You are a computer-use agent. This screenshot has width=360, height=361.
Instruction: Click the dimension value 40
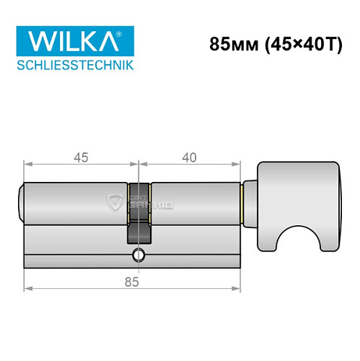pos(189,157)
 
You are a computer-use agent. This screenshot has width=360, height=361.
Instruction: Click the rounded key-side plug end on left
pos(21,203)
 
